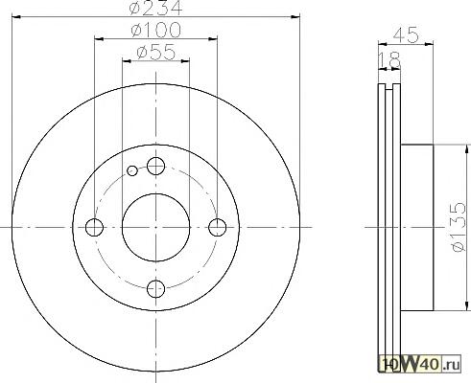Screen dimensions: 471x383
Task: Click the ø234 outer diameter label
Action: pos(155,7)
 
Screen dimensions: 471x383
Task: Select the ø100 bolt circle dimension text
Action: pos(155,30)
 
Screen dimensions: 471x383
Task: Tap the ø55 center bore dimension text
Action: pos(156,52)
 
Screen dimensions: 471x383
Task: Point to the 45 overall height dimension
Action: pos(406,34)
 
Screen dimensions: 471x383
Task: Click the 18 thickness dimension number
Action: pos(389,59)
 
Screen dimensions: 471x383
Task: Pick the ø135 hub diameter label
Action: pos(458,226)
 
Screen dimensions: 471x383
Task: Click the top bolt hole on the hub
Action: pos(155,166)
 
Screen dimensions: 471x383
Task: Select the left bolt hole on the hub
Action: pos(94,227)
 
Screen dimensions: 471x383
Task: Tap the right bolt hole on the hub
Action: pos(218,227)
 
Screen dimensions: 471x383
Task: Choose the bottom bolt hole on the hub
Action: pos(155,289)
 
